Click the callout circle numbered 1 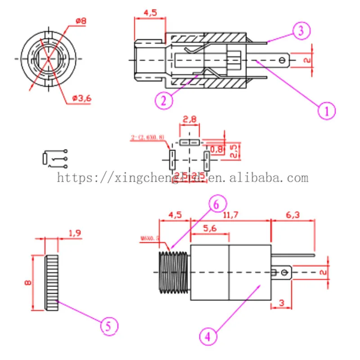(x=327, y=110)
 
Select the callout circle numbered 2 (x=164, y=100)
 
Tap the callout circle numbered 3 (x=301, y=31)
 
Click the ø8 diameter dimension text (x=81, y=21)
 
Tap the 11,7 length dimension (x=230, y=215)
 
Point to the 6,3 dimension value (x=292, y=215)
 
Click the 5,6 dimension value (x=210, y=228)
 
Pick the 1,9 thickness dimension (x=75, y=233)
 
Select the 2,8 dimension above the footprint (x=189, y=120)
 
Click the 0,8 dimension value (x=216, y=149)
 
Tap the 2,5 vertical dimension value (x=234, y=151)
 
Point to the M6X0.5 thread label (x=150, y=238)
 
